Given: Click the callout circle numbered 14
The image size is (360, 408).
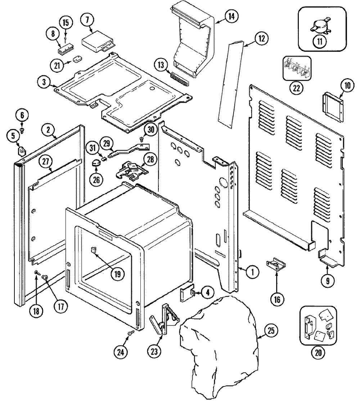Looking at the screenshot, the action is point(231,17).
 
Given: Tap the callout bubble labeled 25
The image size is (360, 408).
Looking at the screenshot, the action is point(271,331).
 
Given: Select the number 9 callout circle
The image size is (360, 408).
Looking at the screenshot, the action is point(328,281).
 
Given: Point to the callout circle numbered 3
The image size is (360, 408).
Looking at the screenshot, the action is point(44,82).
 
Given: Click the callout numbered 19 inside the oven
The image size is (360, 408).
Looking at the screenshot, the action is point(118,274).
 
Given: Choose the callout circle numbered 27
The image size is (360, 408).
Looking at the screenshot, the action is point(46,161).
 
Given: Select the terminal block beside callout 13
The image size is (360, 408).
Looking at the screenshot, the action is point(180,80).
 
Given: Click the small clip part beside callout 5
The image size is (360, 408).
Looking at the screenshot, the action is point(22,151).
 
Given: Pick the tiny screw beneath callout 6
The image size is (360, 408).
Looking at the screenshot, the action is point(22,130).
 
